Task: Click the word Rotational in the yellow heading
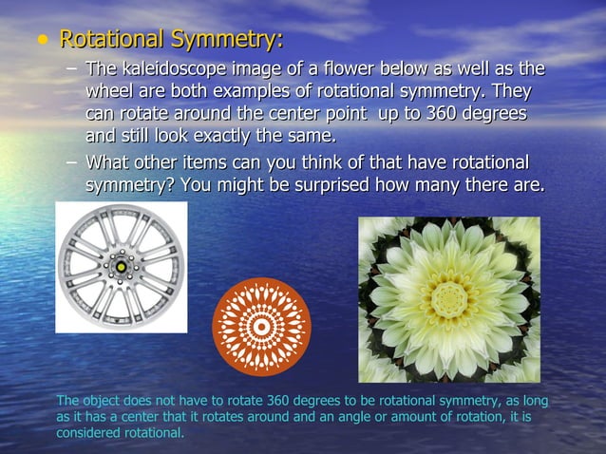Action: point(111,41)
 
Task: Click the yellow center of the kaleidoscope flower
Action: point(448,298)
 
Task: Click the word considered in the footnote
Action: point(86,432)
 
